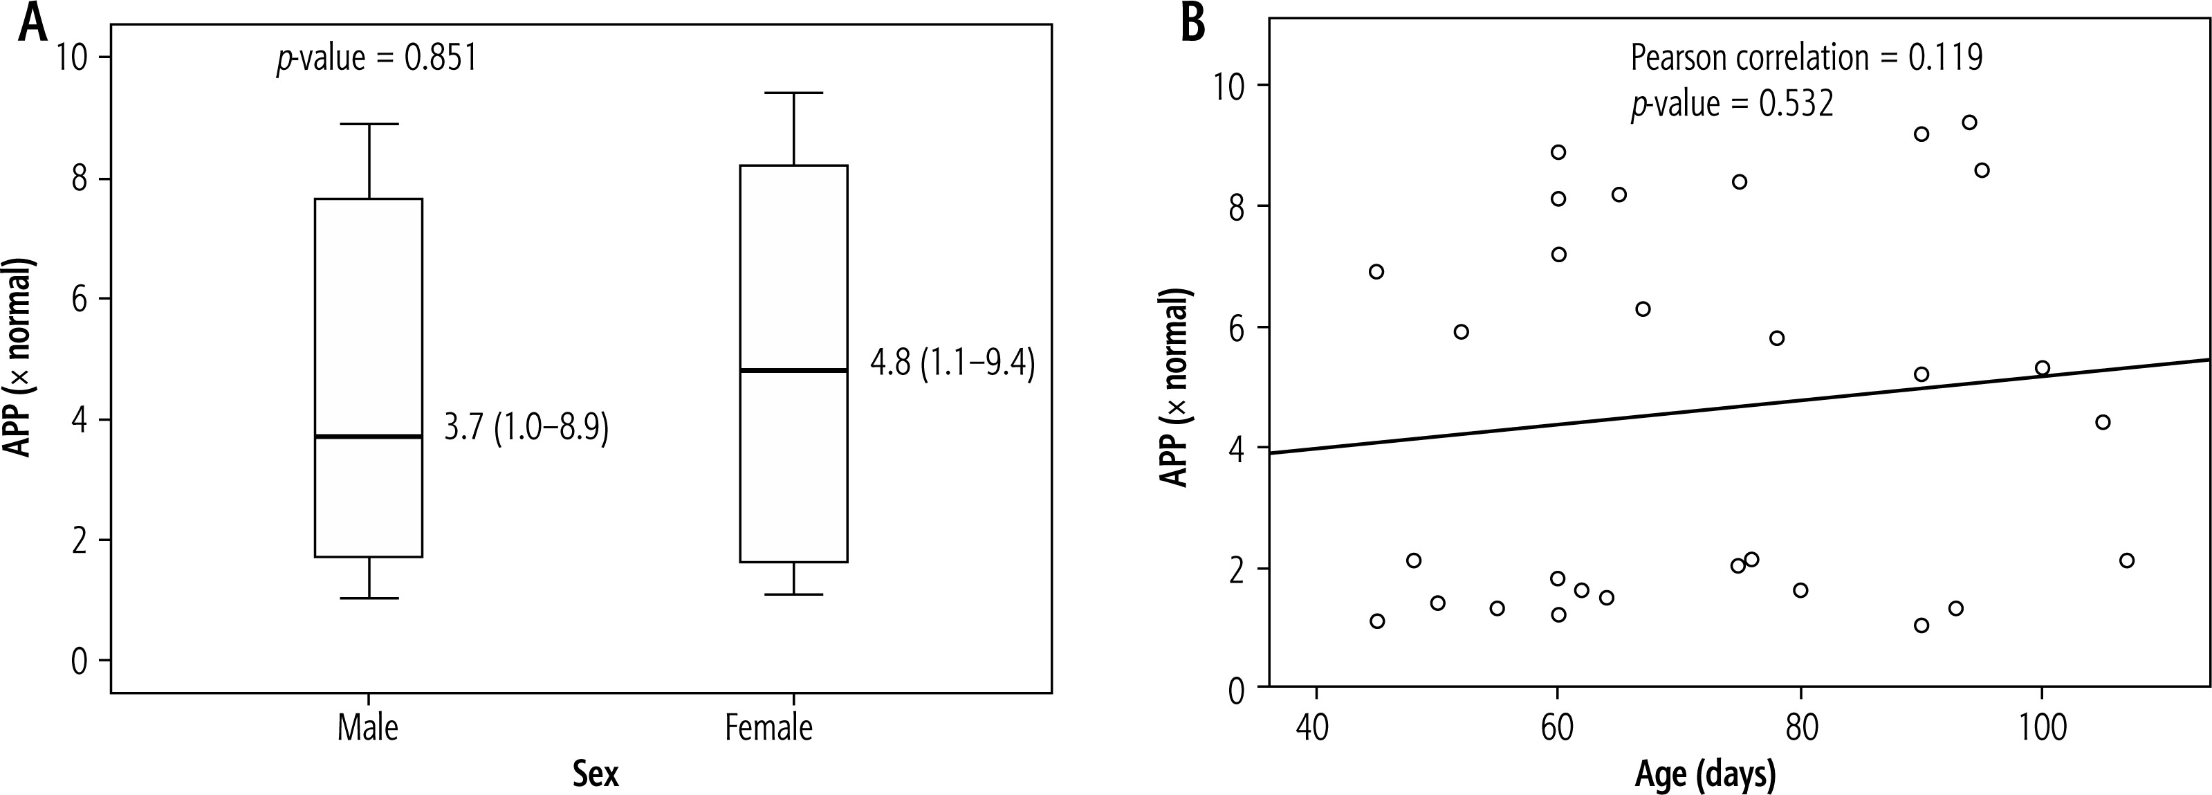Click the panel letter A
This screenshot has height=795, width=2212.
click(32, 24)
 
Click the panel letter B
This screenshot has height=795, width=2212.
click(1194, 24)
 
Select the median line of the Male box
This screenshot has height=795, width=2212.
click(369, 437)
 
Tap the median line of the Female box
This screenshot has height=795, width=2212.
click(793, 370)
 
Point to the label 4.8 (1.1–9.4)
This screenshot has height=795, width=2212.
click(952, 364)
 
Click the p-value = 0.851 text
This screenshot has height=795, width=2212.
click(376, 60)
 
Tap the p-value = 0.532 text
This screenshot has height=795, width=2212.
click(1732, 104)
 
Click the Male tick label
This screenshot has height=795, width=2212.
click(367, 728)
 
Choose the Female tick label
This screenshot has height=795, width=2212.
click(768, 728)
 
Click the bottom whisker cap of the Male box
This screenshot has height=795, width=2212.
click(369, 598)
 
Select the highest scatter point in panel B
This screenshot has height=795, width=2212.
click(1970, 122)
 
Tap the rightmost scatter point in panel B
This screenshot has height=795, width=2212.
click(2127, 560)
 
